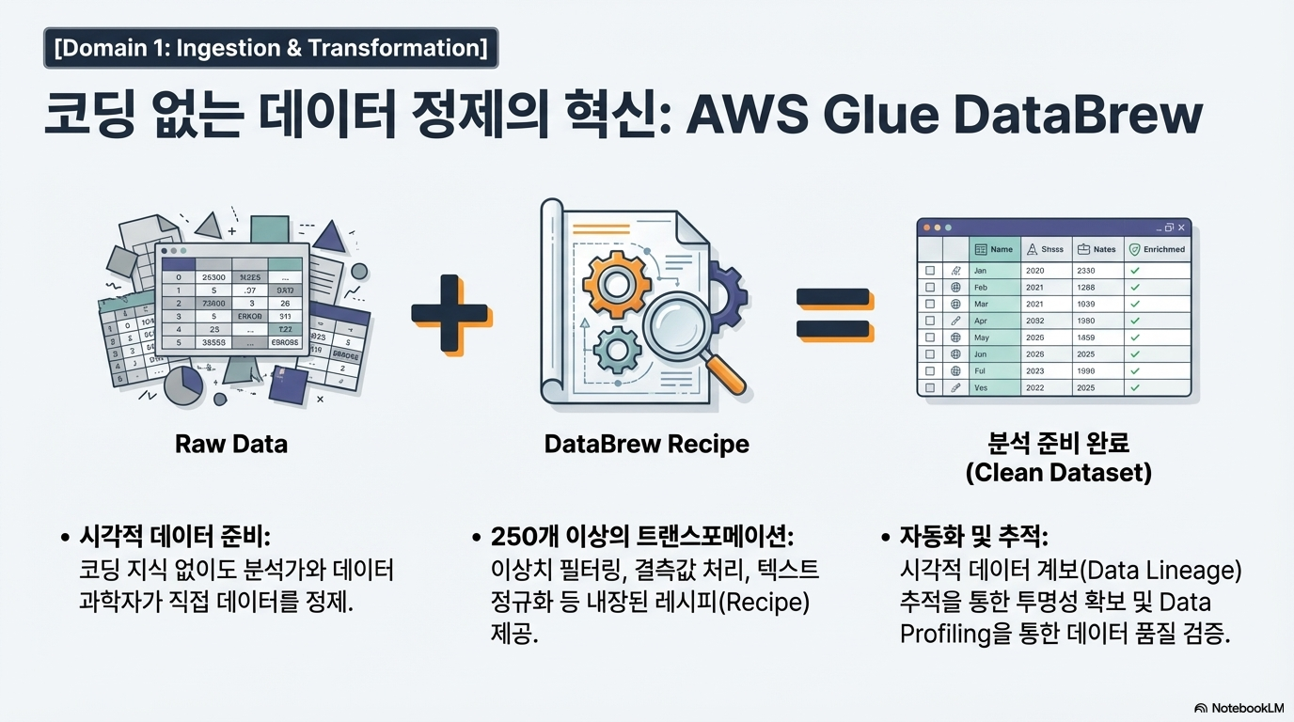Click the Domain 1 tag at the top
(x=271, y=48)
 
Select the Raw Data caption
(x=231, y=444)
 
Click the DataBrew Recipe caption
(x=647, y=444)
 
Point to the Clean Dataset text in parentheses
(x=1058, y=472)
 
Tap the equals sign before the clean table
(x=833, y=313)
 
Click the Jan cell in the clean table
(x=980, y=271)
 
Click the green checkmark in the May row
(x=1135, y=337)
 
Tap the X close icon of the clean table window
(x=1181, y=228)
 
